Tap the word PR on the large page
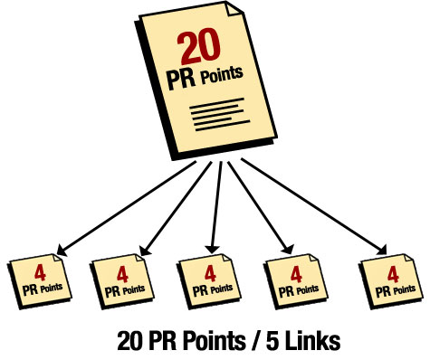tap(179, 79)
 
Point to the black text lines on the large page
tap(213, 114)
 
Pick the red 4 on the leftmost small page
tap(39, 270)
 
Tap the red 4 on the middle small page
tap(209, 271)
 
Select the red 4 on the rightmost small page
tap(392, 271)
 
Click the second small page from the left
tap(123, 278)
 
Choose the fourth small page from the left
tap(295, 278)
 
